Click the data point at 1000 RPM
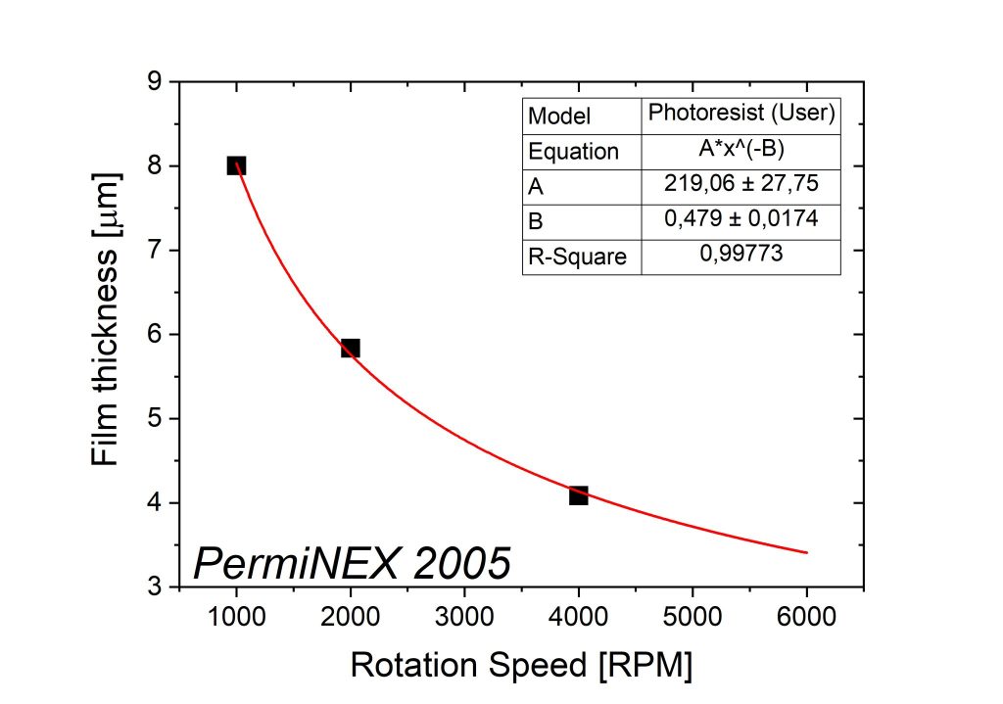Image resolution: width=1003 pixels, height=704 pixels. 236,165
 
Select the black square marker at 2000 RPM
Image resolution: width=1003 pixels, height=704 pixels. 350,348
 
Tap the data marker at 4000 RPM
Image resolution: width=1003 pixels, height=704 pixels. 578,494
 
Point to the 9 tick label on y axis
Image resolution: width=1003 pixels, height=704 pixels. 154,82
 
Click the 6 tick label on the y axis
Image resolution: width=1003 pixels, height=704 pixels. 154,335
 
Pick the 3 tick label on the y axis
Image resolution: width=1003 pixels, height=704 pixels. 154,587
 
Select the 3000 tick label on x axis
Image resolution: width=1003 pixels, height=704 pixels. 463,617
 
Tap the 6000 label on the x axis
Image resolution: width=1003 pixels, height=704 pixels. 806,617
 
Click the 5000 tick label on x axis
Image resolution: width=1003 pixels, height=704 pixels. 693,617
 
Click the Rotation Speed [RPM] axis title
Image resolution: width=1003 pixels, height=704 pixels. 521,666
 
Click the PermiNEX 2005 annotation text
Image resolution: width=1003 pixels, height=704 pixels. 352,563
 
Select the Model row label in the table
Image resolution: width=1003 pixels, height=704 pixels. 559,117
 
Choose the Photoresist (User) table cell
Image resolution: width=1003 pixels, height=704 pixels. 741,113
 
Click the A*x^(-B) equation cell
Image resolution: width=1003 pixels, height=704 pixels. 741,149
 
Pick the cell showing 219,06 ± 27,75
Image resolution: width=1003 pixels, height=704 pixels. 741,183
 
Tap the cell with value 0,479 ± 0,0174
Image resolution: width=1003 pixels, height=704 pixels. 741,218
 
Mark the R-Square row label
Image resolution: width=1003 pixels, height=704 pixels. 577,257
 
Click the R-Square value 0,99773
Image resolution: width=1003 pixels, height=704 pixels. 741,254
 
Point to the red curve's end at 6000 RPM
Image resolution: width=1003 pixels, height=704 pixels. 807,552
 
